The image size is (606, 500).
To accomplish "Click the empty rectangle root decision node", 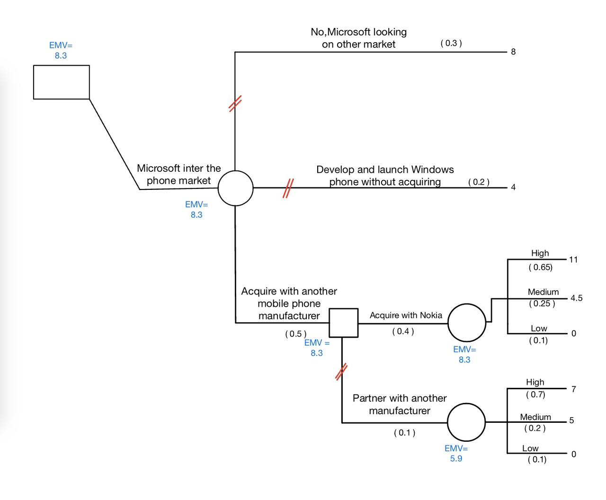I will [61, 82].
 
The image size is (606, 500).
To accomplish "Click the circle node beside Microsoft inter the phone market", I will [235, 188].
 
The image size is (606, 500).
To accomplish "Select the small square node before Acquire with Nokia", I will [343, 323].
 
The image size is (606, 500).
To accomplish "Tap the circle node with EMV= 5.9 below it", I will [466, 422].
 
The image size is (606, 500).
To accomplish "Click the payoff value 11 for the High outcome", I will [573, 259].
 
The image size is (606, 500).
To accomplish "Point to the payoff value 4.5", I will [576, 298].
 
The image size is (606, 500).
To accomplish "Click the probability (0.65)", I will [540, 268].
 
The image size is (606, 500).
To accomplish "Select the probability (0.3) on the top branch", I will [451, 43].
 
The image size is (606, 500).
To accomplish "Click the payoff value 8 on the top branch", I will [513, 52].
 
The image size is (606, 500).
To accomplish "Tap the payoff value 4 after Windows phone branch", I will [513, 187].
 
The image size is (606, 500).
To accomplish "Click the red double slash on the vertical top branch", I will [235, 103].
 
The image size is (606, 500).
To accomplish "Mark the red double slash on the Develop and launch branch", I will [288, 188].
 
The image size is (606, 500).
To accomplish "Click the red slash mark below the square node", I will [341, 372].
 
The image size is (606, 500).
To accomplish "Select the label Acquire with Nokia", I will [406, 315].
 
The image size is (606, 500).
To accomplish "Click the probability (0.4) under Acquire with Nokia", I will [403, 331].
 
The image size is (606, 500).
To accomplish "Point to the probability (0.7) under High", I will [535, 394].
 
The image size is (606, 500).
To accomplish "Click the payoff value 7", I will [573, 389].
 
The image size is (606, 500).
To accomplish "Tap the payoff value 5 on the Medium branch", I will [571, 420].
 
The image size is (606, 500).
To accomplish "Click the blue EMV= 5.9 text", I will [456, 453].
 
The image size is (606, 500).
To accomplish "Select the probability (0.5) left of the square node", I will [295, 334].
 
